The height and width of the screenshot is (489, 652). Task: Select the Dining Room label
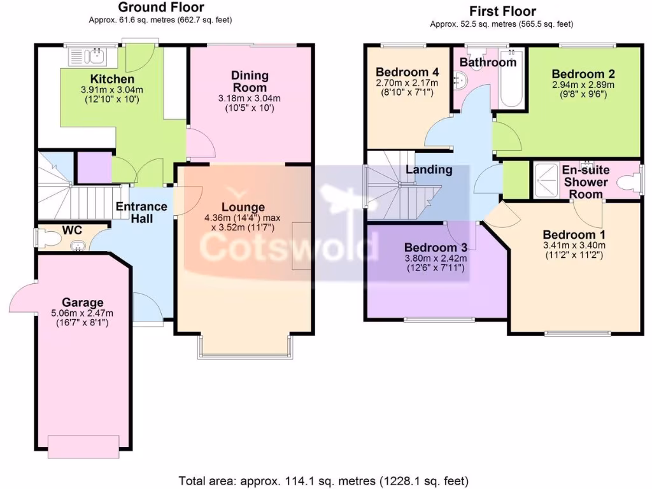[249, 81]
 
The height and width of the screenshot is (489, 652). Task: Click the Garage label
[83, 302]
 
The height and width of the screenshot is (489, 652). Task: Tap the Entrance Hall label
[141, 212]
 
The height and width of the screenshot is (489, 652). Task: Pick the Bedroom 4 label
[399, 71]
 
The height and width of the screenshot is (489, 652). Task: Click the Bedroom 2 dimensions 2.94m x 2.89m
[583, 84]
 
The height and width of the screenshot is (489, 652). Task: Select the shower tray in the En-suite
[545, 180]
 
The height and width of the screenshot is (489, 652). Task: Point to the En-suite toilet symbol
[631, 182]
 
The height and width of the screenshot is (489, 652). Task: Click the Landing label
[429, 169]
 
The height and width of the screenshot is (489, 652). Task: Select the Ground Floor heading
[161, 8]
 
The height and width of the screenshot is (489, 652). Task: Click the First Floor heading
[502, 11]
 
